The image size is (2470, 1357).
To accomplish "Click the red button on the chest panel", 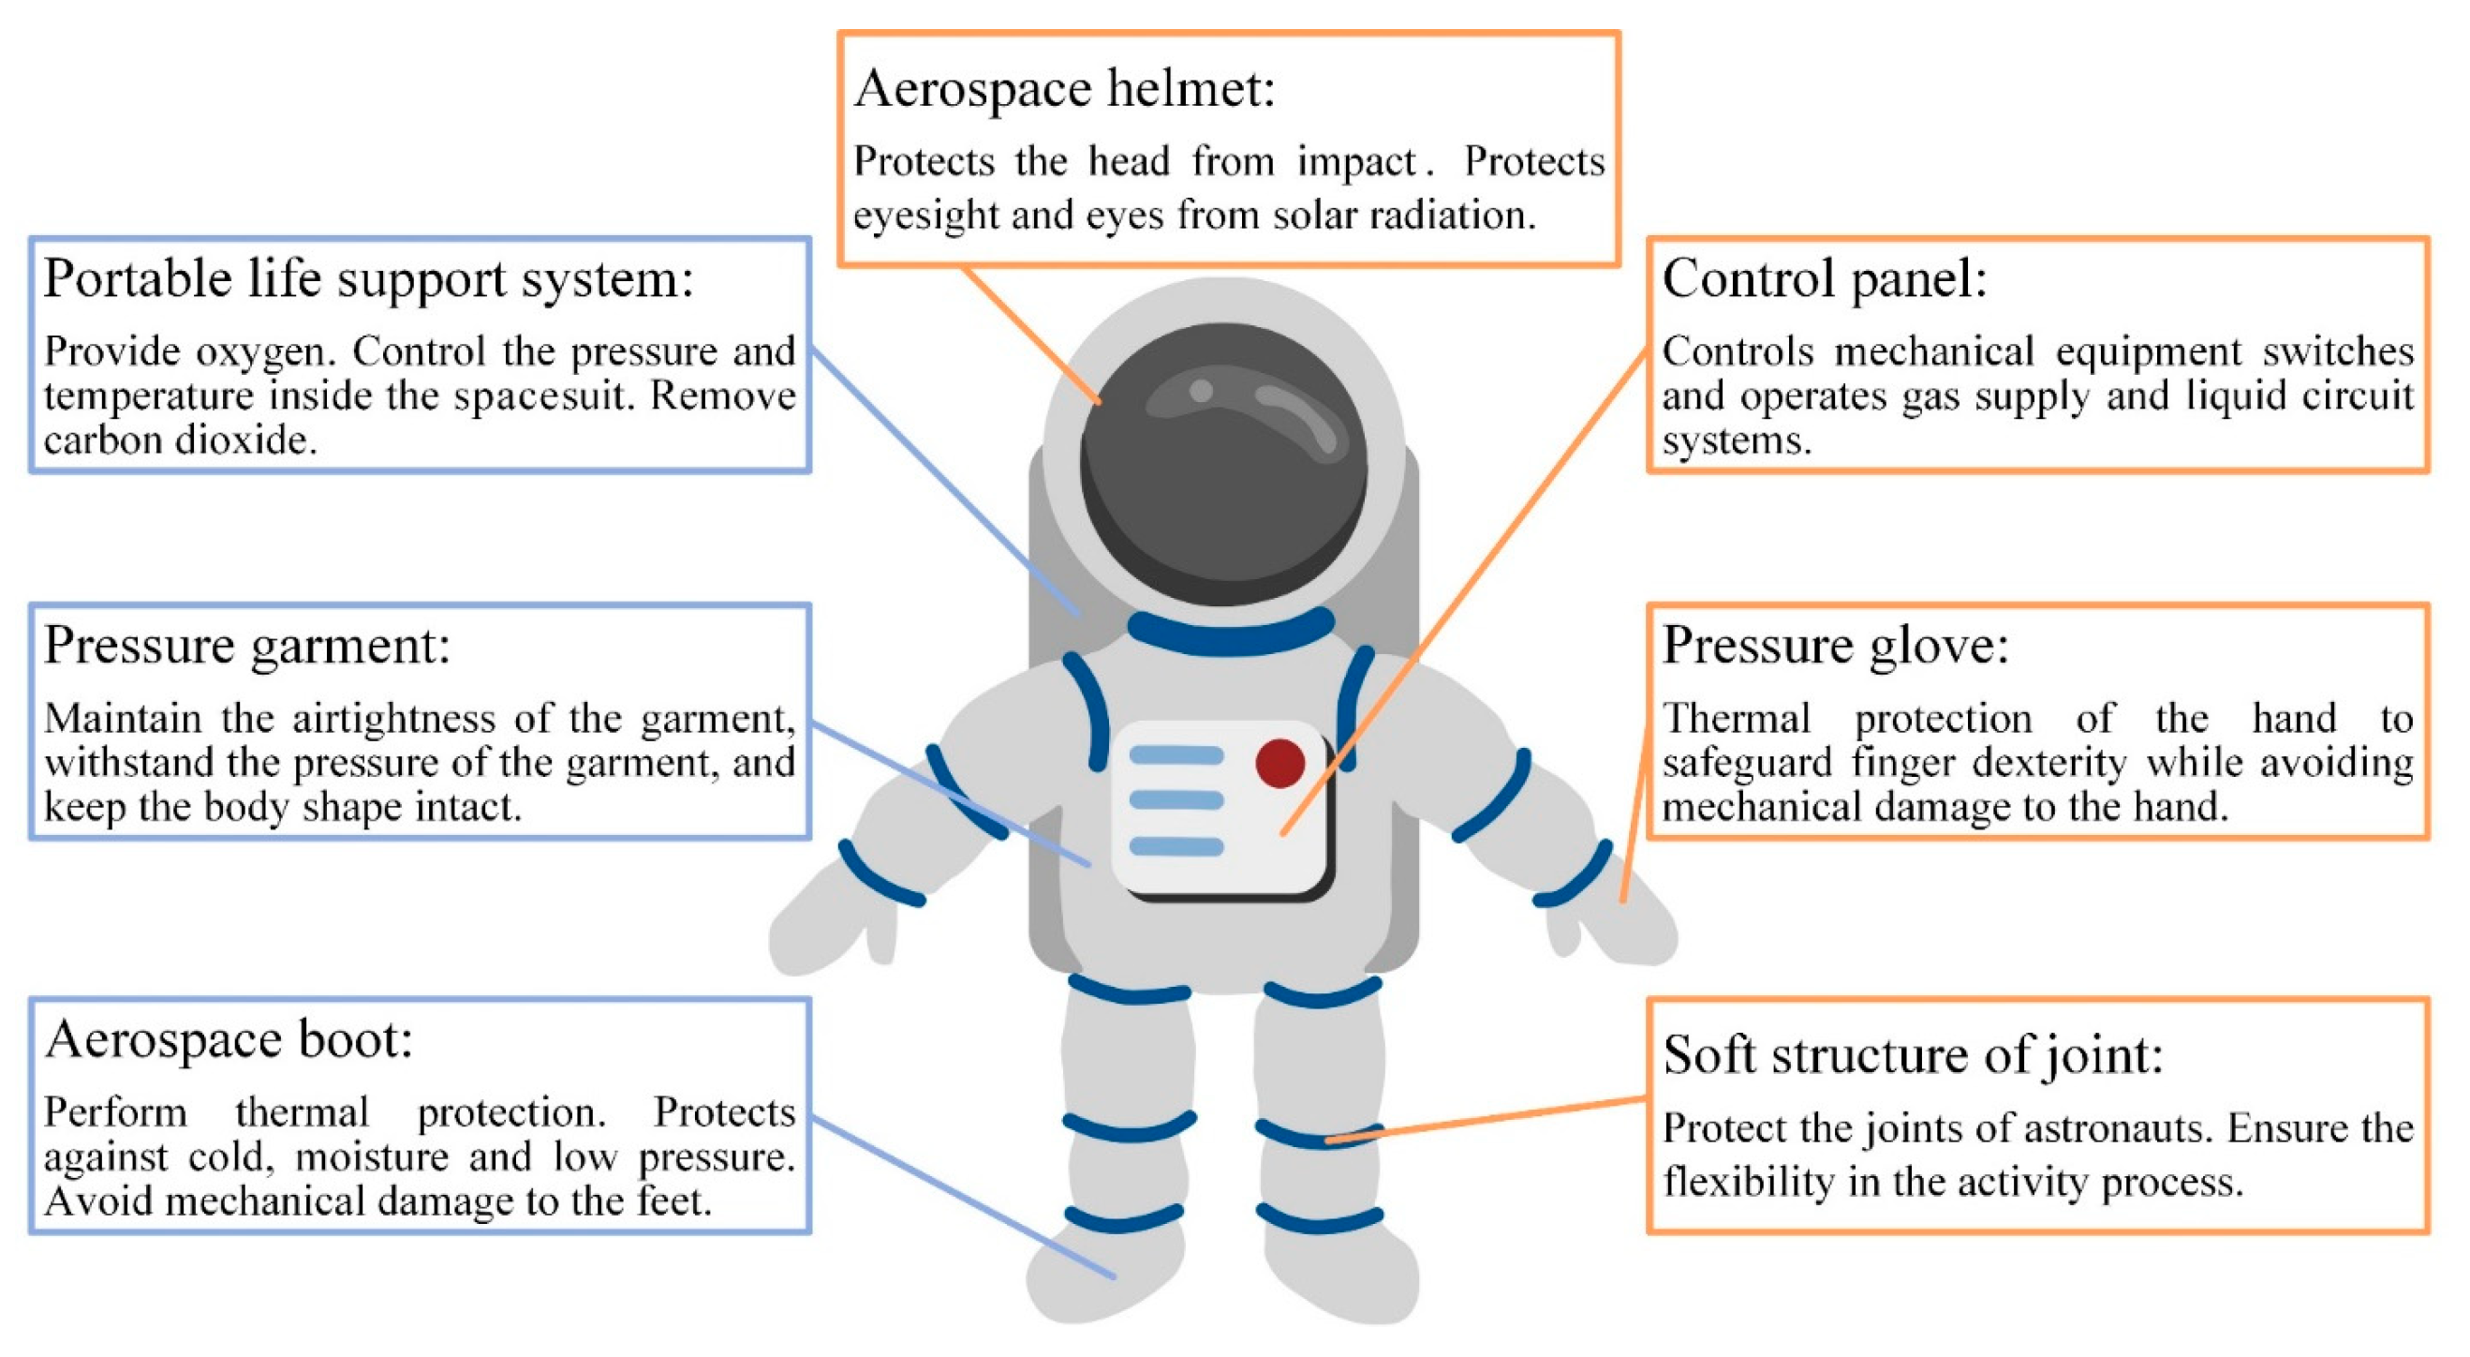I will click(x=1279, y=764).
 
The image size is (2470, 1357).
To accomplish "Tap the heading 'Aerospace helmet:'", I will click(x=1064, y=89).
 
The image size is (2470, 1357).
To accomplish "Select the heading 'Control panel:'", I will click(x=1824, y=279).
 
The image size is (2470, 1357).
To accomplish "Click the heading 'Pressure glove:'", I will click(x=1834, y=646).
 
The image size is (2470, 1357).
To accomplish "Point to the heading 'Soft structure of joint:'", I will click(x=1912, y=1055).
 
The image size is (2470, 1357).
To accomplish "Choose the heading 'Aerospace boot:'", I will click(x=229, y=1040).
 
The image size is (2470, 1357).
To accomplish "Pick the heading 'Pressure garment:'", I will click(x=246, y=646).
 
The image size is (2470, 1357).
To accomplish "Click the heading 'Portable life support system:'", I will click(x=368, y=280).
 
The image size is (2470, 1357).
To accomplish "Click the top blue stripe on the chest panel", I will click(x=1176, y=755).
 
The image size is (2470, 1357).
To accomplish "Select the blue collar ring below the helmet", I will click(x=1230, y=634).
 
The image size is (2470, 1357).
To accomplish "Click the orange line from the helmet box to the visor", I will click(x=1030, y=334).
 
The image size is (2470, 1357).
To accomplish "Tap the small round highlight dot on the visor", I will click(x=1201, y=390).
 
